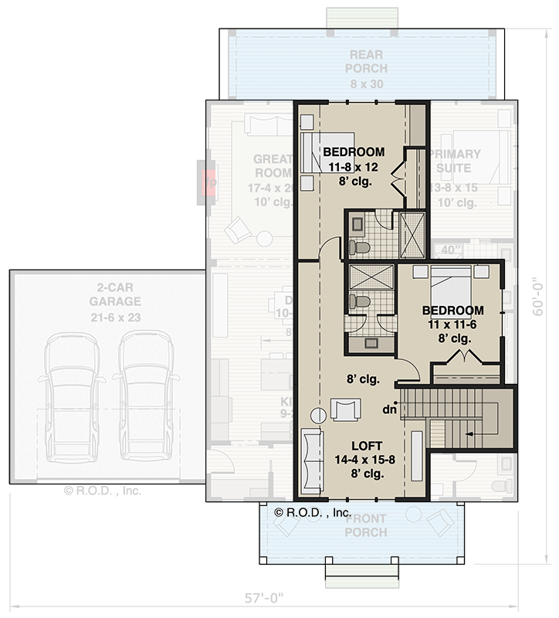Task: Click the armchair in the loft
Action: pos(344,409)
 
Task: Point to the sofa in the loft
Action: pos(312,463)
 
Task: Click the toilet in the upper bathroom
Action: pos(359,247)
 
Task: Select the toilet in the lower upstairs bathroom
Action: pos(359,301)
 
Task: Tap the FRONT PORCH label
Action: pos(365,526)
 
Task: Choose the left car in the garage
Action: pos(72,394)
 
